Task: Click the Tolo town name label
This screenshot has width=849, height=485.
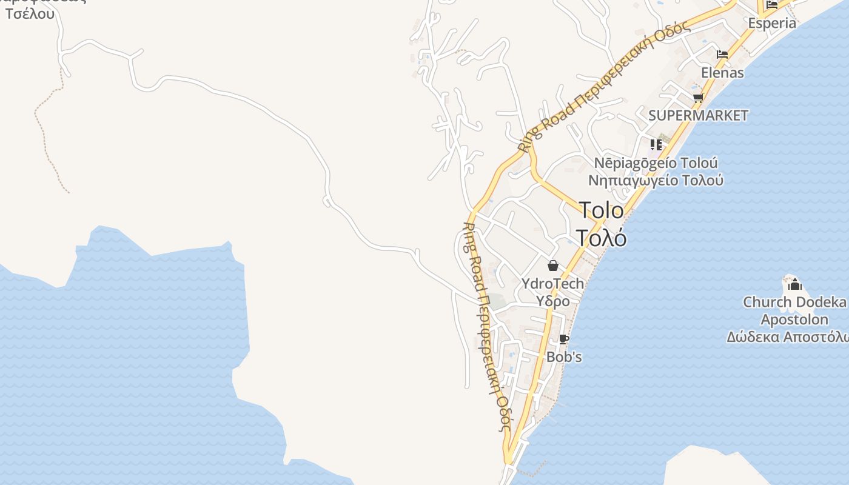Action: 601,210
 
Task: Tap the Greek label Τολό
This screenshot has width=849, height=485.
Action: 600,238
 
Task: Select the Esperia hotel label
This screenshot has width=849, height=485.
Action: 771,24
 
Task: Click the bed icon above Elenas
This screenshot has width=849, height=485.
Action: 722,55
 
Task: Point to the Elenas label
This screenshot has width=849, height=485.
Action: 722,73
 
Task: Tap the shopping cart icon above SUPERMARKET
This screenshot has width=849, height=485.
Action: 698,98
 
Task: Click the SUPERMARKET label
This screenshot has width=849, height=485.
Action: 698,115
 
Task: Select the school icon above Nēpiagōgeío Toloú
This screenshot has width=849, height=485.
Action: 656,144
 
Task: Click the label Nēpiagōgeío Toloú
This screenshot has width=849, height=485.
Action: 656,163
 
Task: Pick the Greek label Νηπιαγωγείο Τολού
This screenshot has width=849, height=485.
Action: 656,181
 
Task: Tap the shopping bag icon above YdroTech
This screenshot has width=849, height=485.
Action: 552,266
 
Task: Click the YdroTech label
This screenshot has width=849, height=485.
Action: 552,283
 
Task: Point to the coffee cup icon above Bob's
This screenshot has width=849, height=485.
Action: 563,339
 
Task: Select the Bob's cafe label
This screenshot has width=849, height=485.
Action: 564,357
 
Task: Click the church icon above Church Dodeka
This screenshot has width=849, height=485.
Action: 794,284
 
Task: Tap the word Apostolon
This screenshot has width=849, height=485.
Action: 794,319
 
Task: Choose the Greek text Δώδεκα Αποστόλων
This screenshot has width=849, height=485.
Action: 788,337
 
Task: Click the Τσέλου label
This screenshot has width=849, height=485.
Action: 30,13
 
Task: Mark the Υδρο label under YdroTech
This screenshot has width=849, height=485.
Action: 552,301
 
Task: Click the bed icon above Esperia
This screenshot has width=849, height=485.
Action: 771,5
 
